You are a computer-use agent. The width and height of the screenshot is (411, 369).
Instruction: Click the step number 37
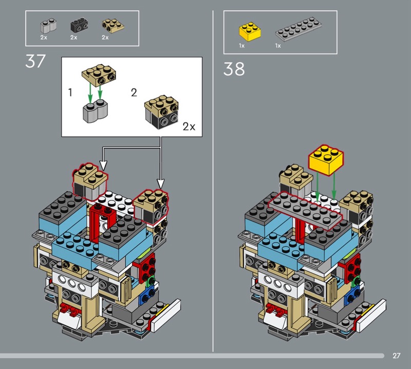click(35, 61)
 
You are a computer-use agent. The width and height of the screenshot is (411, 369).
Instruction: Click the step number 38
click(234, 69)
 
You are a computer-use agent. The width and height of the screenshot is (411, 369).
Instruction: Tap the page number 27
click(396, 355)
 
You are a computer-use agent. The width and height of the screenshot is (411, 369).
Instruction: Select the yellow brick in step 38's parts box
click(250, 31)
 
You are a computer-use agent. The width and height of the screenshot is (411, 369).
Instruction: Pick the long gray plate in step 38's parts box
click(298, 29)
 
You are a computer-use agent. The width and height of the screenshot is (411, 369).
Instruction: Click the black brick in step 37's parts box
click(79, 25)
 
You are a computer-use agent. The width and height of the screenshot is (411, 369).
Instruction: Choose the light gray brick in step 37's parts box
click(48, 25)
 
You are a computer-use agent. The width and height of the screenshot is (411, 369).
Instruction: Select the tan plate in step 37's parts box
click(113, 26)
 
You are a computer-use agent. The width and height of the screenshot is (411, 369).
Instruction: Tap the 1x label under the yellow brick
click(241, 46)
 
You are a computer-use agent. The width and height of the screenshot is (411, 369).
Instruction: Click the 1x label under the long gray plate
click(278, 46)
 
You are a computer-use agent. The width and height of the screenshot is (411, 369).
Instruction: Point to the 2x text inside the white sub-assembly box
click(189, 126)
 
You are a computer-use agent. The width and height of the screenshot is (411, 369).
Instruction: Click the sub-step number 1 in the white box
click(70, 93)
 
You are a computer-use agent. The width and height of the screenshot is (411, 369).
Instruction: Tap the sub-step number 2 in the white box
click(134, 93)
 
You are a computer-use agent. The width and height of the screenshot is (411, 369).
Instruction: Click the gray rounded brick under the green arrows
click(96, 111)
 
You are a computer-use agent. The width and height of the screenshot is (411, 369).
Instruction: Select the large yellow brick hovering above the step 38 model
click(326, 159)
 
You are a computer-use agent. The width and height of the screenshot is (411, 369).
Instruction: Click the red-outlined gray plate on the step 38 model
click(306, 211)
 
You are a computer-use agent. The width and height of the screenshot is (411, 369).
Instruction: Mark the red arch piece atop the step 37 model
click(101, 220)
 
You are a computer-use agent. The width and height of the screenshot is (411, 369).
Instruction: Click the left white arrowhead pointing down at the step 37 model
click(104, 165)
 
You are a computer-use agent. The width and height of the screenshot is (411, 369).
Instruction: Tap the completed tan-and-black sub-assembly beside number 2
click(161, 112)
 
